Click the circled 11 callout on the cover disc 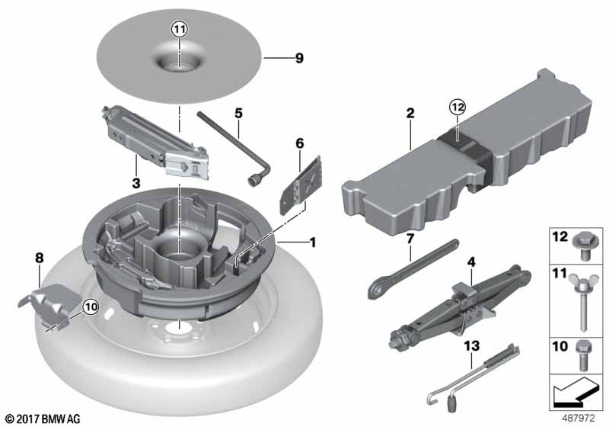click(x=180, y=29)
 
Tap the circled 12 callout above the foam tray click(x=458, y=107)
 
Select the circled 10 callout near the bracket click(x=91, y=307)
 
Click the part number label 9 click(x=299, y=58)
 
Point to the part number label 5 click(x=238, y=113)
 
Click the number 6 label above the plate click(x=300, y=143)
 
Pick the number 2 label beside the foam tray click(x=410, y=113)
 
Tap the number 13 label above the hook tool click(x=472, y=345)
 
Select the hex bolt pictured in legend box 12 click(x=582, y=247)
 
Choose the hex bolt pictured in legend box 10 click(x=582, y=356)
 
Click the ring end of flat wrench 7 click(x=375, y=290)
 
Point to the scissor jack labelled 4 click(x=460, y=307)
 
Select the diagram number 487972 click(x=579, y=419)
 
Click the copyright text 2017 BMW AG click(x=43, y=419)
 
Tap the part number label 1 click(x=312, y=242)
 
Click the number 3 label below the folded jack click(x=136, y=183)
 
